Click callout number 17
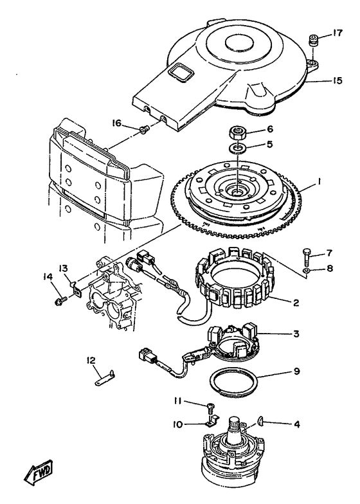point(337,33)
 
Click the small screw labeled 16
point(143,129)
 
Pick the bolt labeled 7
point(306,257)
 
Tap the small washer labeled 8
point(306,271)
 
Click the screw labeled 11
point(211,409)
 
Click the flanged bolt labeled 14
point(61,301)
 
